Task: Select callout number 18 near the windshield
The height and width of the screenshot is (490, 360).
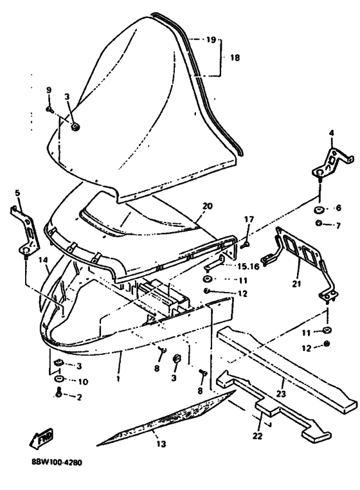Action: [x=235, y=57]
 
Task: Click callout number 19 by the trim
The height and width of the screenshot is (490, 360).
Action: [x=211, y=40]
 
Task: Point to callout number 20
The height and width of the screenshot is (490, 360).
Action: [x=207, y=206]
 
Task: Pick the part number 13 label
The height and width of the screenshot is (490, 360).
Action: [x=161, y=444]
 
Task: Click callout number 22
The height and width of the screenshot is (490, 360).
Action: [x=258, y=435]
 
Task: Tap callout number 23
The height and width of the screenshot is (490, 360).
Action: [x=281, y=393]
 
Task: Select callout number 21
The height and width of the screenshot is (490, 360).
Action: [x=296, y=284]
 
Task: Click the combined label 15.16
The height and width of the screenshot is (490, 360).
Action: [x=248, y=266]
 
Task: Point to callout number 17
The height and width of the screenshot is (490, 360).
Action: [x=249, y=220]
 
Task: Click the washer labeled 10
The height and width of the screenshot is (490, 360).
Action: [x=59, y=379]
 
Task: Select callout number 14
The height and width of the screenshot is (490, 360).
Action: [x=44, y=260]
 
